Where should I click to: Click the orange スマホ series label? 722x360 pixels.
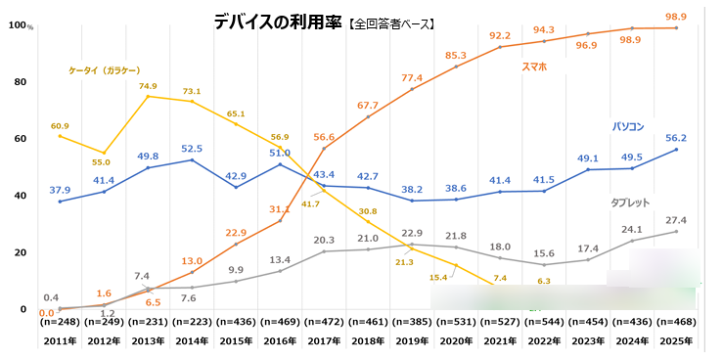535,67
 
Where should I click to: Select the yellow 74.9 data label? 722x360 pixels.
148,86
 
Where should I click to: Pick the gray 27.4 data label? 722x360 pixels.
677,220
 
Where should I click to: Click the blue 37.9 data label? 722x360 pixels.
61,190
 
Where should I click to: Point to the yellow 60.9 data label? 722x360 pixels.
61,126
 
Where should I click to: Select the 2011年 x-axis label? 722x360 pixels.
61,340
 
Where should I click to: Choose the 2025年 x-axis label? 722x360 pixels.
677,340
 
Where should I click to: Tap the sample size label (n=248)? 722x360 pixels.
61,321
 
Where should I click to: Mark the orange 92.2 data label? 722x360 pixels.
499,35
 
